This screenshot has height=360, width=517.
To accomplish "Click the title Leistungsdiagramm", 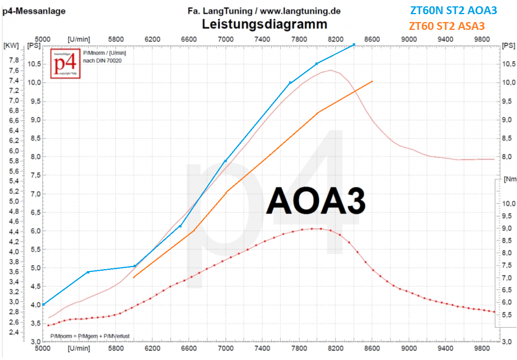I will tap(264, 24).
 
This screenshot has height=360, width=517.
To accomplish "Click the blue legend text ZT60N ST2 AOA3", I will tap(453, 10).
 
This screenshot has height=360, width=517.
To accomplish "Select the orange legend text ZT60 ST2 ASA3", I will tap(447, 26).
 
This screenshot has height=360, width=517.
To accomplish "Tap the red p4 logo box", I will tap(65, 63).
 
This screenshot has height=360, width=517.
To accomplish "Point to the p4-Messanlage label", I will tap(34, 11).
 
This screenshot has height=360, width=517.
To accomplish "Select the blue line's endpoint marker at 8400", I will tap(354, 44).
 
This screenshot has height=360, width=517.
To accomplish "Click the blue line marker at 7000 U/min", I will tap(226, 161).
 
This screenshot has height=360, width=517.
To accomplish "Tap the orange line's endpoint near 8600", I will tap(372, 81).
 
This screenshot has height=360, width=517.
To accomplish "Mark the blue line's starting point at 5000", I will tap(43, 305).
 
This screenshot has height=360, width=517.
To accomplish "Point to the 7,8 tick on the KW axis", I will tap(14, 60).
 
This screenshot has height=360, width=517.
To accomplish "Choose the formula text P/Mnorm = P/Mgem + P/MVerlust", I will tap(90, 336).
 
